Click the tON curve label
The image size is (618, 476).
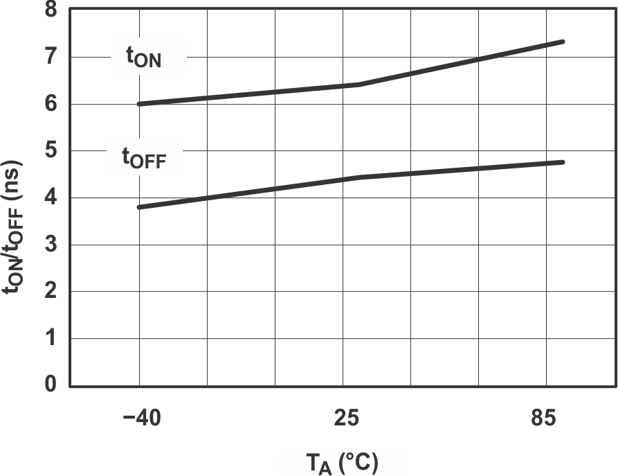[x=144, y=58]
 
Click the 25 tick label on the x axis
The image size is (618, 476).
[x=346, y=420]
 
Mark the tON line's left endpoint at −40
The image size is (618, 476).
[x=139, y=104]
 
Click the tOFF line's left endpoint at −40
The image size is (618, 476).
[x=139, y=207]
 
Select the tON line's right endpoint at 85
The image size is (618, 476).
[x=564, y=42]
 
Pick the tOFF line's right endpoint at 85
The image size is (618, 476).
[x=564, y=162]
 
